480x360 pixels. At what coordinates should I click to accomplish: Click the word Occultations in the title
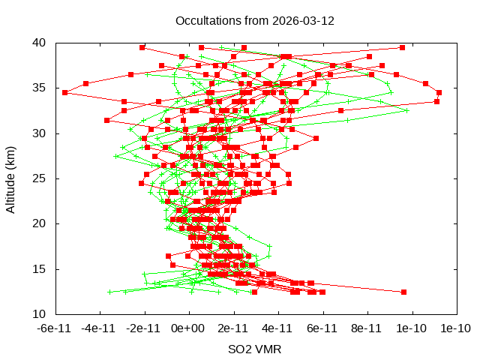[205, 21]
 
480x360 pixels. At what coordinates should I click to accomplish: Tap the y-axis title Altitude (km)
[11, 178]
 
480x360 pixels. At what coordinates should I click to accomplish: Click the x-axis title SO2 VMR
[254, 349]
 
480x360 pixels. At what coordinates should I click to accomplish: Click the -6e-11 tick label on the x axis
[55, 328]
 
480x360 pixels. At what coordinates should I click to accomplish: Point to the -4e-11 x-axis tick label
[99, 328]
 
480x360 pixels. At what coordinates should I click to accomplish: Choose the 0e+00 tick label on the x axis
[188, 328]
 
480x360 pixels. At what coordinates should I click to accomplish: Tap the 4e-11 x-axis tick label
[277, 328]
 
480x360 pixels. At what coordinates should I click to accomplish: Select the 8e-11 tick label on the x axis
[367, 328]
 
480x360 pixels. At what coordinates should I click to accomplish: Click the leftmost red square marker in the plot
[65, 92]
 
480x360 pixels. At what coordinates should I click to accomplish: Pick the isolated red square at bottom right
[403, 292]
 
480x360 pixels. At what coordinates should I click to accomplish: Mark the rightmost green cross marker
[407, 110]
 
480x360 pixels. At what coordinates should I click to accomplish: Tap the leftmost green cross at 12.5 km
[110, 292]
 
